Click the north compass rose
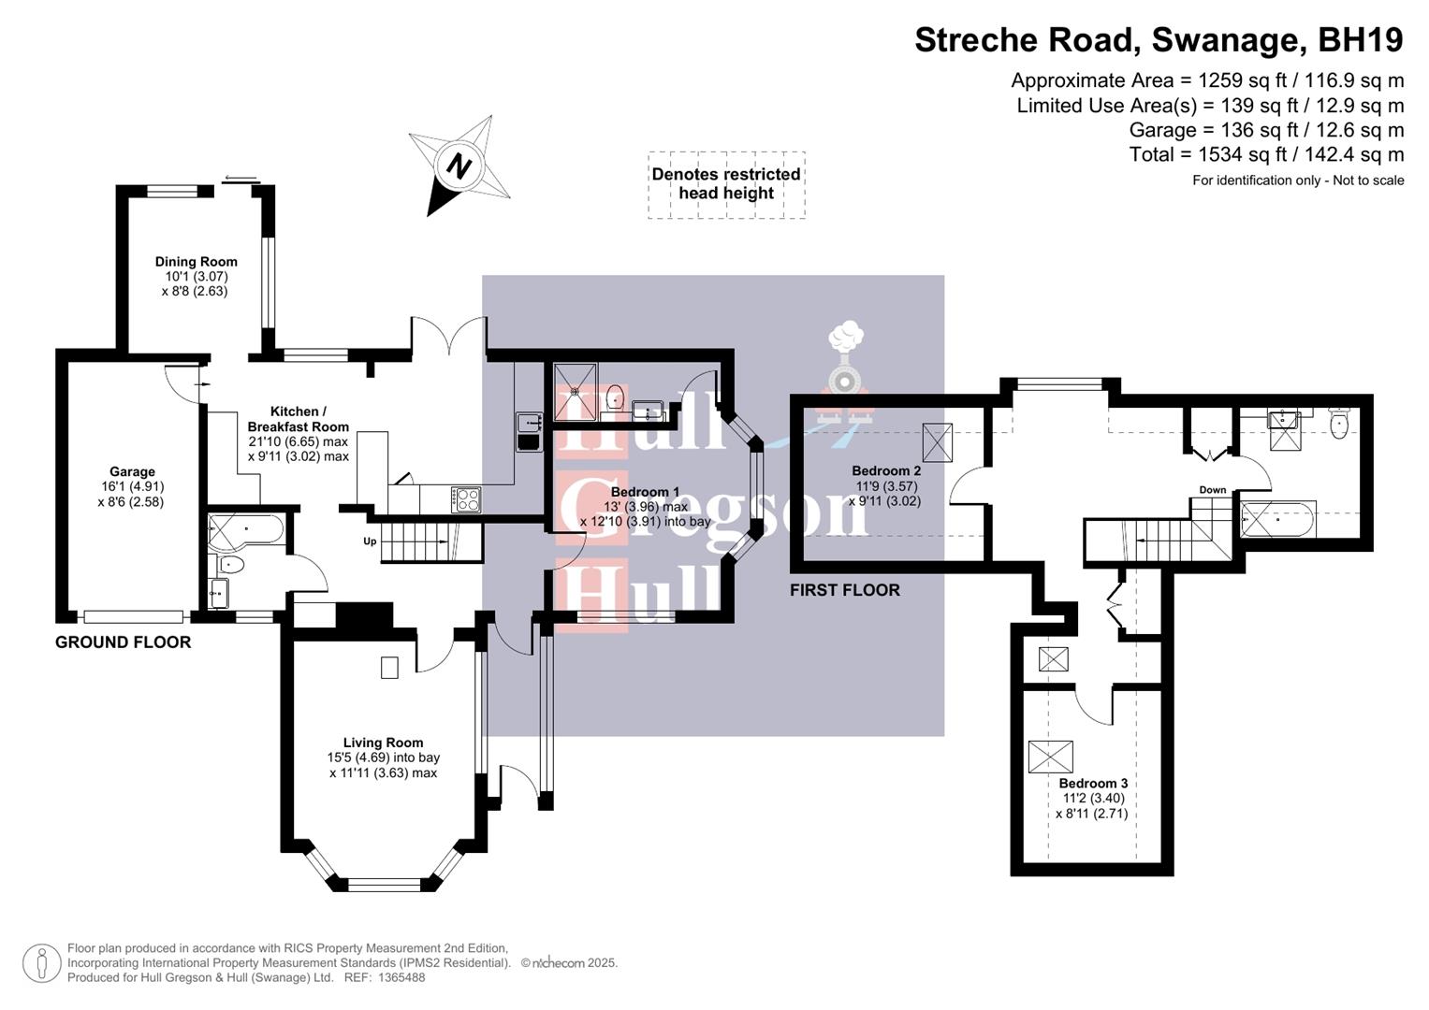tap(459, 166)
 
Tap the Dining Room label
tap(196, 262)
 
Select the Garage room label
tap(131, 472)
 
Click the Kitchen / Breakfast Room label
tap(298, 419)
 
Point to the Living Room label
tap(383, 743)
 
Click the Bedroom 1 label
tap(645, 492)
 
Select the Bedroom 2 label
tap(885, 470)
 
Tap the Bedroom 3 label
tap(1092, 784)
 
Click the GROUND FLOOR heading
tap(123, 642)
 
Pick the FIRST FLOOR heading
tap(844, 590)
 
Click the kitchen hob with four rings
tap(467, 499)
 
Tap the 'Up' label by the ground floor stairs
tap(371, 541)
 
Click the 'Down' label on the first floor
tap(1212, 490)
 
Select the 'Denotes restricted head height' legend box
tap(726, 184)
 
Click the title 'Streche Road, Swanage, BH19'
tap(1159, 40)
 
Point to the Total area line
tap(1266, 154)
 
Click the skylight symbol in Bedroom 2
tap(937, 442)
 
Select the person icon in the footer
tap(41, 963)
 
